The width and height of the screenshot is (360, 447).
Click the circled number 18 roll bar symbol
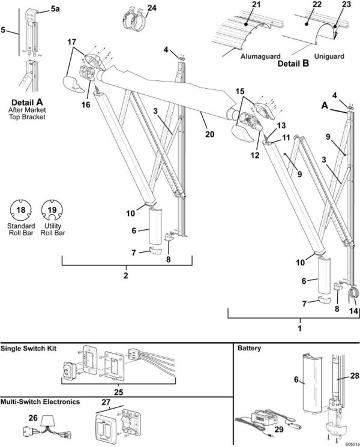pyautogui.click(x=22, y=210)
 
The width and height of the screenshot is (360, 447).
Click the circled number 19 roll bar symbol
pyautogui.click(x=52, y=210)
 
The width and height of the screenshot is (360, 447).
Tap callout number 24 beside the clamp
pyautogui.click(x=152, y=8)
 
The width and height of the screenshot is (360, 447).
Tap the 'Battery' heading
pyautogui.click(x=250, y=348)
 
